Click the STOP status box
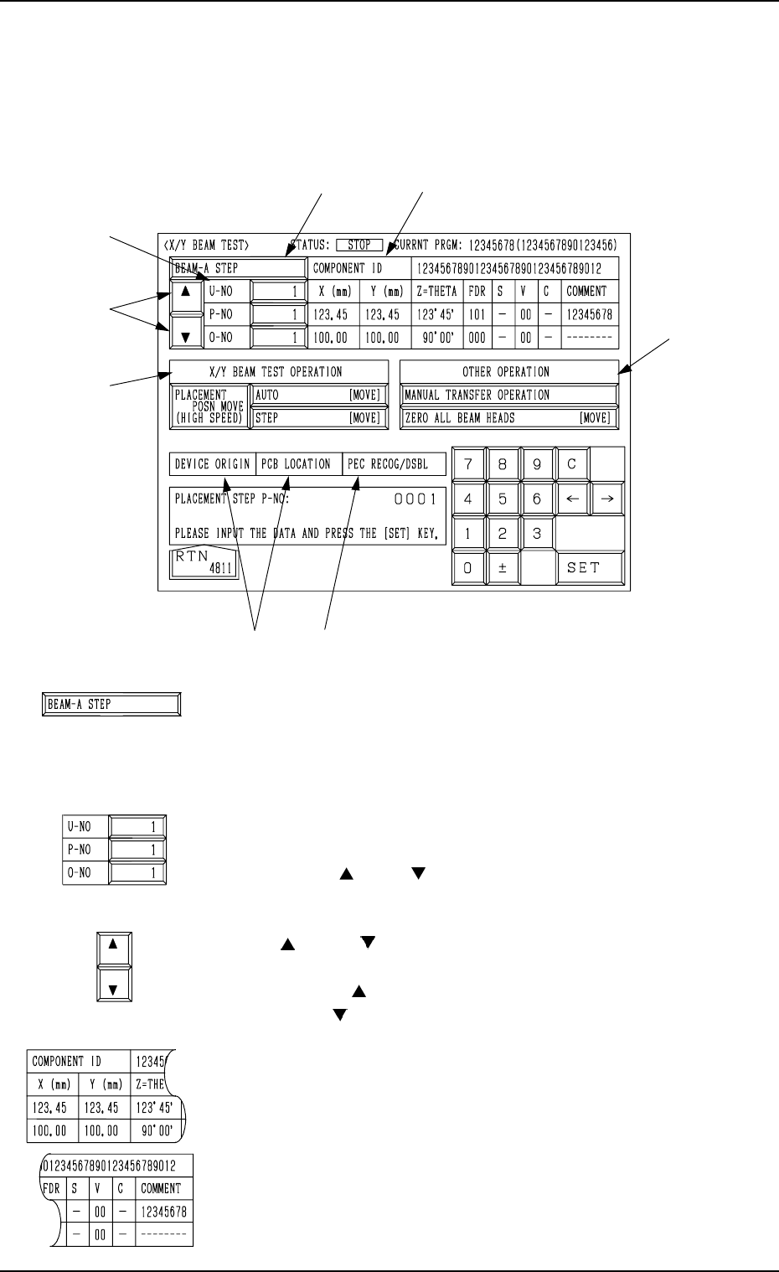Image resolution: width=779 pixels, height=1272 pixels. pos(359,246)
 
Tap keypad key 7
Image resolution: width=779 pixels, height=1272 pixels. pos(468,464)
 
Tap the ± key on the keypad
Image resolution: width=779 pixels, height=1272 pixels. pos(503,568)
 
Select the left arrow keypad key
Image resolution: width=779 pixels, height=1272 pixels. pos(573,499)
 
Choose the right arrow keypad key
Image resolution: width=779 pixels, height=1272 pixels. pos(608,499)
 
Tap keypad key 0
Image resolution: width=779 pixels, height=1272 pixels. pos(468,568)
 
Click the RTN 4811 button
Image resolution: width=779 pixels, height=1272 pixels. pos(204,564)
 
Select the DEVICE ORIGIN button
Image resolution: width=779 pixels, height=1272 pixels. pos(212,464)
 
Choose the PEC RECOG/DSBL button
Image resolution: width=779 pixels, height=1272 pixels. pos(394,464)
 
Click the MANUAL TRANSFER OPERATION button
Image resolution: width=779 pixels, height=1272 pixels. pos(508,395)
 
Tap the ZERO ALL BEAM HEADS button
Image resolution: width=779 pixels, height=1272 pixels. pos(508,418)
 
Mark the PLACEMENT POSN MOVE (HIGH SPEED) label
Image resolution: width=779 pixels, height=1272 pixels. pos(209,406)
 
